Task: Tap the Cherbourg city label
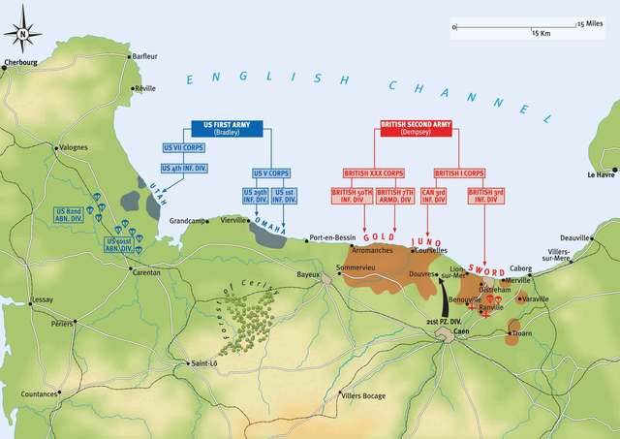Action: click(18, 71)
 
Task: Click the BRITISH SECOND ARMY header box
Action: click(413, 130)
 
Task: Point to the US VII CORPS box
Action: click(180, 148)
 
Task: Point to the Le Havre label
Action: click(603, 174)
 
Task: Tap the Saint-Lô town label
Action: click(204, 363)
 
